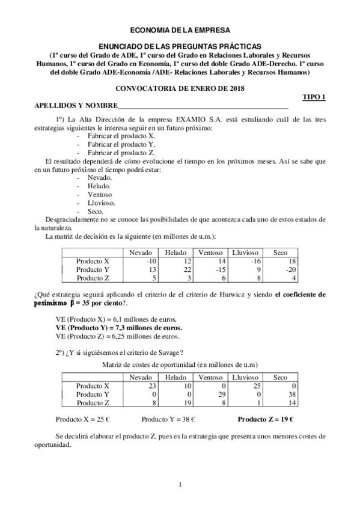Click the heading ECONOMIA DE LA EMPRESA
(x=180, y=29)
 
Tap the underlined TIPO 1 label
(x=313, y=97)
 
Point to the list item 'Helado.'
(x=99, y=186)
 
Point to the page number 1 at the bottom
(x=180, y=484)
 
